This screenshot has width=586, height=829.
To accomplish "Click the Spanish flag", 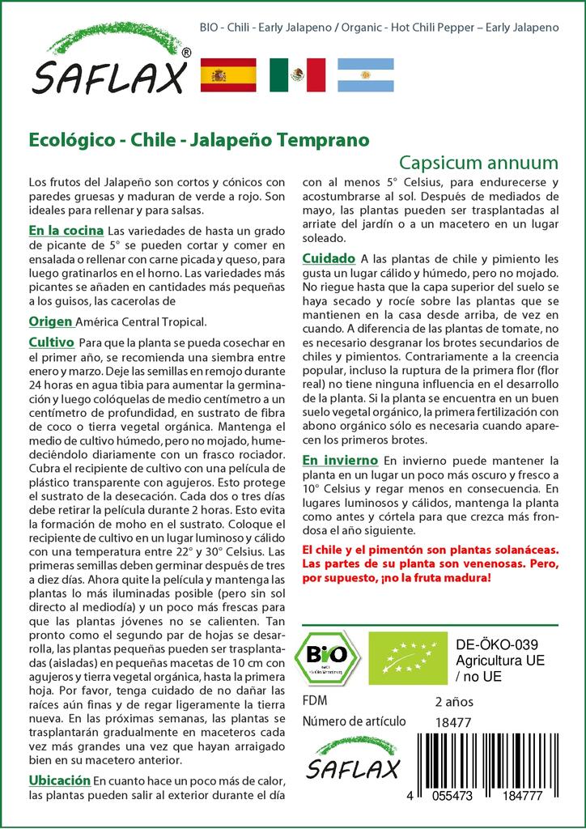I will (227, 75).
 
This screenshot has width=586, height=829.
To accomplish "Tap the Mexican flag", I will (297, 75).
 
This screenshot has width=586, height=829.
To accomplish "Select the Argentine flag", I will (366, 75).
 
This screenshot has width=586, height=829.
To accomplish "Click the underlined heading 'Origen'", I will (51, 321).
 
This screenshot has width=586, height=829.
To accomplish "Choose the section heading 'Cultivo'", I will (52, 342).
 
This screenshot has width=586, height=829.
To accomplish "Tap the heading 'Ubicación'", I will (59, 780).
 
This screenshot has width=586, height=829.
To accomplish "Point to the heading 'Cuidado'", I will (329, 258).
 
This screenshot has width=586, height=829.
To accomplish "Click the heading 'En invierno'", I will (340, 460).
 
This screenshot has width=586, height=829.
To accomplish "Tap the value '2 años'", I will (454, 701).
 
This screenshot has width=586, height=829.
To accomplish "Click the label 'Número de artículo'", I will (354, 721).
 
